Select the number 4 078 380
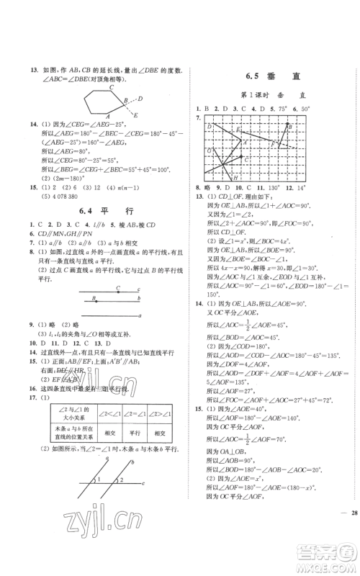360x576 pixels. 37,197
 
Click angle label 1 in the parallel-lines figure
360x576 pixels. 101,499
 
